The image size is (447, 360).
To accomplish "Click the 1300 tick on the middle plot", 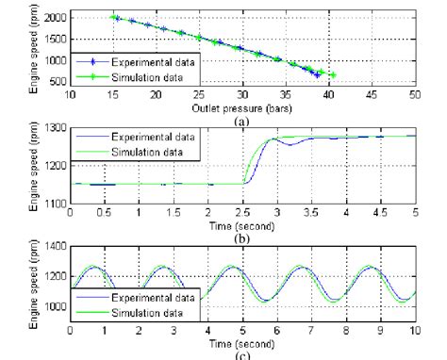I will coord(55,127).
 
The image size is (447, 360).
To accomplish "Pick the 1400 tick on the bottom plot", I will coord(55,246).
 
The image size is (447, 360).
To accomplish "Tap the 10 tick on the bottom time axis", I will coord(415,331).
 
